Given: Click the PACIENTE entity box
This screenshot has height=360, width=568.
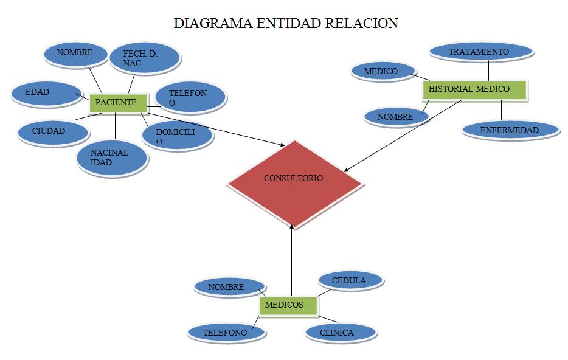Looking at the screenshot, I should tap(118, 103).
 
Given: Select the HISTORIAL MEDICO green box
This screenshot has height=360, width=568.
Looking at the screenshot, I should tap(475, 90).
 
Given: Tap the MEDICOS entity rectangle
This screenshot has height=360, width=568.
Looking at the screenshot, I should tap(289, 306).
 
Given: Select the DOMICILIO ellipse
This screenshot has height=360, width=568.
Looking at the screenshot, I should tap(176, 134).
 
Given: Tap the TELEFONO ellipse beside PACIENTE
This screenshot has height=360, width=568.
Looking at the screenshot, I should tap(190, 97).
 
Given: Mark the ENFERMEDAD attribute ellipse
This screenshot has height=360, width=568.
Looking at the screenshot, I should tap(510, 130).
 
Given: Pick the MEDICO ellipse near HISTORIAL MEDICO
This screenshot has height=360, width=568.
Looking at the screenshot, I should tap(382, 72).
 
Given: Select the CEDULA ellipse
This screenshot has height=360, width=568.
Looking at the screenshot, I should tap(350, 281).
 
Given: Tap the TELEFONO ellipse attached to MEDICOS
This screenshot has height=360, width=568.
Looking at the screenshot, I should tap(226, 333).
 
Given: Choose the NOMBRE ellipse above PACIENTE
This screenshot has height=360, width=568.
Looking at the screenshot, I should tap(75, 54).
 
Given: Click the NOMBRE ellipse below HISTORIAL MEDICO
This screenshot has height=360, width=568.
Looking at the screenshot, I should tap(396, 117).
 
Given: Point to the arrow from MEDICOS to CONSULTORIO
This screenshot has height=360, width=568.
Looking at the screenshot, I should tap(293, 261).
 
